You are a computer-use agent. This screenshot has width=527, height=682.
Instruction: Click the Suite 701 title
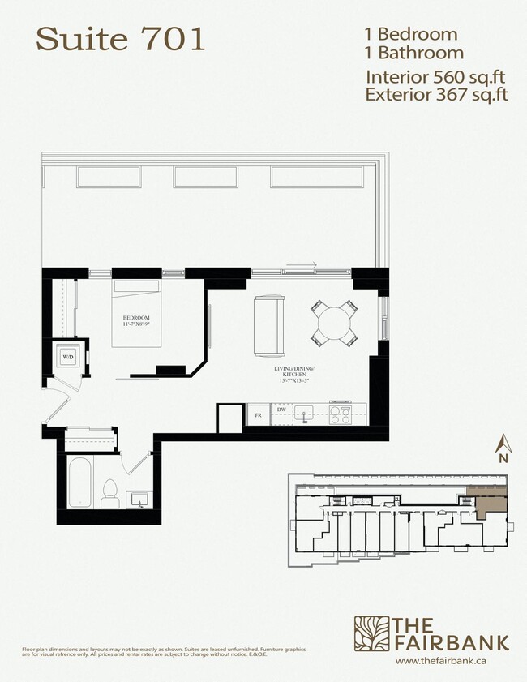click(x=120, y=39)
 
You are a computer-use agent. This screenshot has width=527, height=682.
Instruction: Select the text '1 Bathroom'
click(x=414, y=54)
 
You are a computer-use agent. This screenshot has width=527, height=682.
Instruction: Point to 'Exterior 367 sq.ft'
click(x=436, y=95)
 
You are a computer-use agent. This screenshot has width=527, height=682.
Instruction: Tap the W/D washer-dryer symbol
click(x=66, y=356)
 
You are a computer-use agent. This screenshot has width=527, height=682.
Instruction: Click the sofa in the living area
click(x=268, y=326)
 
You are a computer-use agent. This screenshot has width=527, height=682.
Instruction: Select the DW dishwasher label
click(x=281, y=410)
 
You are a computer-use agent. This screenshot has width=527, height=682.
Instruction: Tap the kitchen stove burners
click(x=341, y=414)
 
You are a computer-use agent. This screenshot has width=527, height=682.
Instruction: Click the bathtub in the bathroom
click(x=79, y=482)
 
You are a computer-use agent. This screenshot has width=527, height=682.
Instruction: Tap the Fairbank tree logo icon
click(x=371, y=633)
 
